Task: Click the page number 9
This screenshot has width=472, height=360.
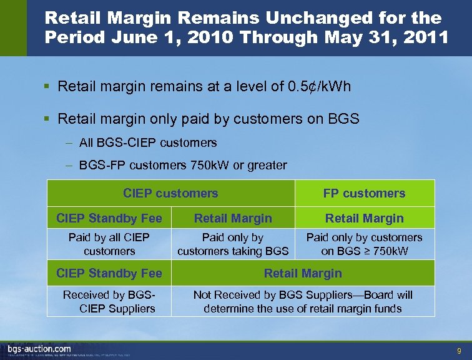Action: pyautogui.click(x=459, y=351)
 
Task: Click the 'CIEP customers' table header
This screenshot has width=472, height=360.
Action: pyautogui.click(x=170, y=194)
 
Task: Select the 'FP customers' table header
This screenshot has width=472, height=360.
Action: pyautogui.click(x=364, y=194)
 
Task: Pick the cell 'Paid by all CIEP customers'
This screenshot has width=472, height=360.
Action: pyautogui.click(x=109, y=244)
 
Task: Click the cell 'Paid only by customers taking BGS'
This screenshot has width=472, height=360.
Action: pyautogui.click(x=233, y=244)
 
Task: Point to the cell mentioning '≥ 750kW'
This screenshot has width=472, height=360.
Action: pyautogui.click(x=364, y=244)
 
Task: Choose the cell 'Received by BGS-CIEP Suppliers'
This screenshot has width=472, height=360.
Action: pyautogui.click(x=109, y=302)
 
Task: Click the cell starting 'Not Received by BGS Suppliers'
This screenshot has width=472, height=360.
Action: pyautogui.click(x=303, y=302)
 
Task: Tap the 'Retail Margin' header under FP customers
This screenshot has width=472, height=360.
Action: pyautogui.click(x=364, y=218)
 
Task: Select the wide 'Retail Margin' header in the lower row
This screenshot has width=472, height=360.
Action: pyautogui.click(x=303, y=273)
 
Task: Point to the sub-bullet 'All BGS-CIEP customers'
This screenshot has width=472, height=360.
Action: pyautogui.click(x=148, y=142)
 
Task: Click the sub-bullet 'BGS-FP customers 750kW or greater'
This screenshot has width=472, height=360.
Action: pyautogui.click(x=183, y=166)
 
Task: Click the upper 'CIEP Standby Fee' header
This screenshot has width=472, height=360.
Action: pyautogui.click(x=109, y=218)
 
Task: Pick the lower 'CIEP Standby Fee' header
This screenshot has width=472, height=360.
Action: pyautogui.click(x=109, y=273)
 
